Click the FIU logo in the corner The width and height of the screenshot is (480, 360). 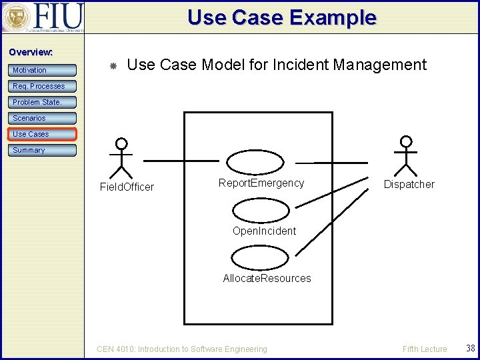(x=43, y=17)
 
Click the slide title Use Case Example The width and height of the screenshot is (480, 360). (x=281, y=17)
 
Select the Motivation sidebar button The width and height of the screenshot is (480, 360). (x=42, y=70)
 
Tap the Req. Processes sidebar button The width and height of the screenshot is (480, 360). (x=42, y=86)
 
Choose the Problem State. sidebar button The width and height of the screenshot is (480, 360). (x=42, y=102)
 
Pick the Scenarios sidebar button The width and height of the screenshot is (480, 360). (x=42, y=118)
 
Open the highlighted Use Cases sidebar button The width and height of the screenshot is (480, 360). (x=42, y=134)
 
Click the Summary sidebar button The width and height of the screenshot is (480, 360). (x=42, y=150)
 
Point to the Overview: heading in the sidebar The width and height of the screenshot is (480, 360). (x=31, y=52)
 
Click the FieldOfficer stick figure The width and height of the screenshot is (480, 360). (x=121, y=157)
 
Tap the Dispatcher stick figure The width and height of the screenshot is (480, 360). (x=405, y=156)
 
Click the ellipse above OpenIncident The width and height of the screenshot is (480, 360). (x=261, y=211)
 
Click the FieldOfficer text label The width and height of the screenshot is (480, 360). (x=127, y=187)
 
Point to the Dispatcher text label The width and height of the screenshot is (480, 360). (x=409, y=185)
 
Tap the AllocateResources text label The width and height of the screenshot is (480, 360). (x=267, y=279)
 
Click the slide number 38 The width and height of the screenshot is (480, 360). (x=471, y=348)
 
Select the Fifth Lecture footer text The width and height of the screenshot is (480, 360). (x=425, y=349)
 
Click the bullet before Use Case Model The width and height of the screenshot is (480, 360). (x=113, y=66)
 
